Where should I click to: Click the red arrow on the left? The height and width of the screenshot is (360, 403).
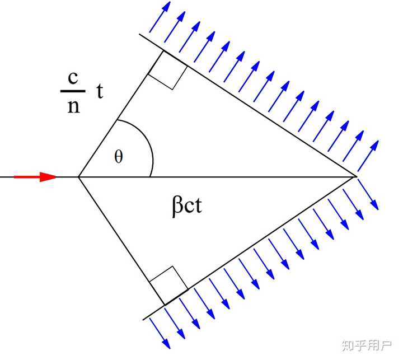(x=35, y=177)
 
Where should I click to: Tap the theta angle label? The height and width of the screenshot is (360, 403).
(x=118, y=157)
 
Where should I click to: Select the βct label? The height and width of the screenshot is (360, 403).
(x=187, y=206)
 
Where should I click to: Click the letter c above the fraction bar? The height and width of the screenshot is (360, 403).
(x=73, y=78)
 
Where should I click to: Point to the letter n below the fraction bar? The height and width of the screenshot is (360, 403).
(x=73, y=106)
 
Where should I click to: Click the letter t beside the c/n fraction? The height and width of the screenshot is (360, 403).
(x=100, y=92)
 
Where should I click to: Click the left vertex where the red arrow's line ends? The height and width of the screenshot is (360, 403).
(x=78, y=177)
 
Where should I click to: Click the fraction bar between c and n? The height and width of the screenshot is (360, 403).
(x=73, y=91)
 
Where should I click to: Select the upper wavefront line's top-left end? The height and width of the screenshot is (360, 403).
(x=141, y=36)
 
